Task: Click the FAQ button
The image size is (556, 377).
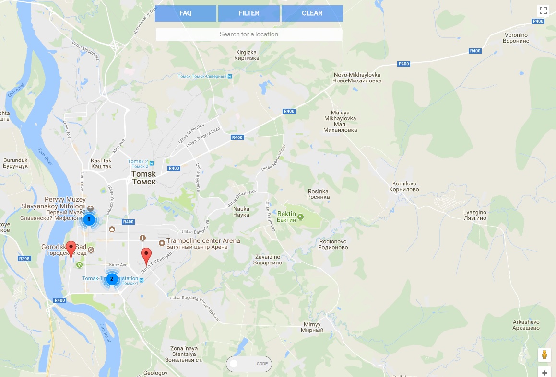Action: [x=185, y=13]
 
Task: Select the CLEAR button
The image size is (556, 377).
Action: [x=312, y=13]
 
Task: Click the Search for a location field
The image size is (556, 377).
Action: [x=248, y=34]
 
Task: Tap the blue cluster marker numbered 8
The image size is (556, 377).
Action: [x=89, y=219]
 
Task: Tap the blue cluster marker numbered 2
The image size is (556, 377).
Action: [x=112, y=279]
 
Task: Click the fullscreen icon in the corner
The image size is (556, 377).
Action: [x=543, y=10]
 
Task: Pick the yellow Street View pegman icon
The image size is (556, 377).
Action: [x=544, y=355]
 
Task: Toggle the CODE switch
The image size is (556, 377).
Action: [x=248, y=364]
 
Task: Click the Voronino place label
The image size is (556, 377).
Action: [x=516, y=38]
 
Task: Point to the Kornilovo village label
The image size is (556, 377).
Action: [x=405, y=186]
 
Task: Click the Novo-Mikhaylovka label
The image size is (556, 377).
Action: [x=357, y=78]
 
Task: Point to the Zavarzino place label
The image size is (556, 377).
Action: [x=267, y=260]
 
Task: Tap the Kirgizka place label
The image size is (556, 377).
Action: [x=248, y=55]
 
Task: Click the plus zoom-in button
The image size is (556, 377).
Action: [x=544, y=372]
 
